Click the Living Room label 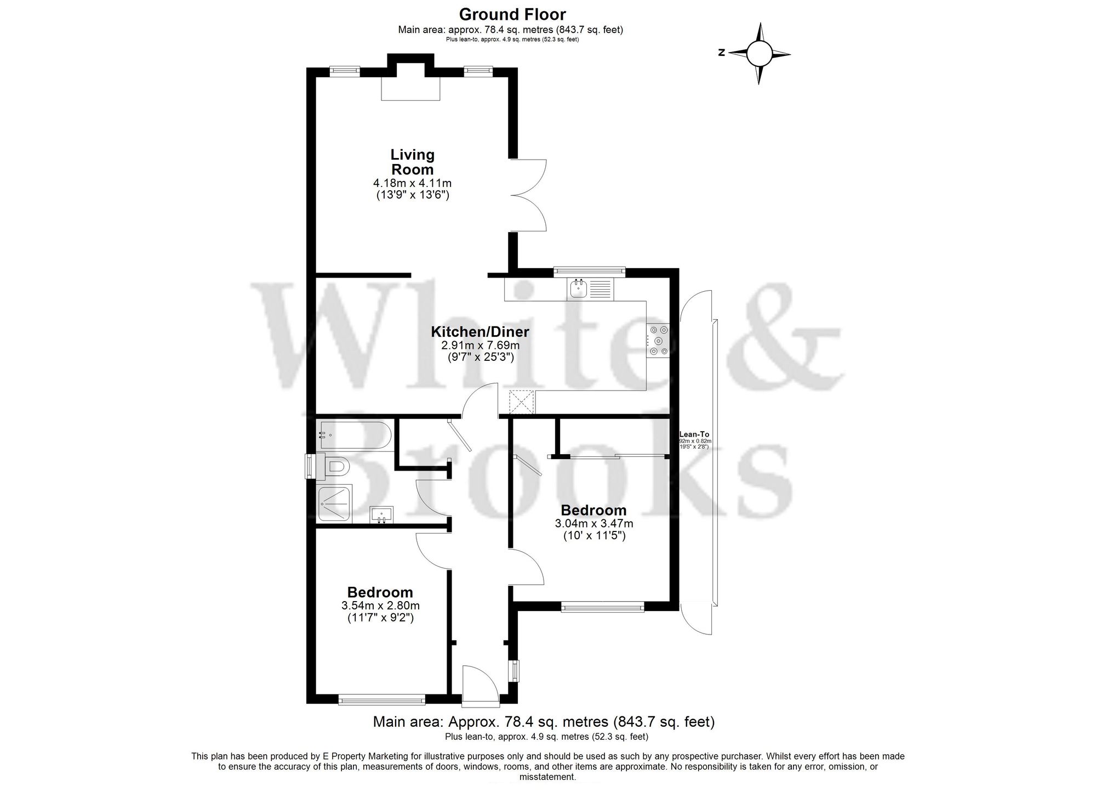412,162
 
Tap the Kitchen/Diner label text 480,332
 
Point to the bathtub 353,435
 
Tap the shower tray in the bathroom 335,503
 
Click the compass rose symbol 759,53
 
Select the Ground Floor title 512,14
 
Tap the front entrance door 480,686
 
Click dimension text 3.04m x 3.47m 594,524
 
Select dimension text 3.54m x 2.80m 380,605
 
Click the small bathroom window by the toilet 311,466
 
